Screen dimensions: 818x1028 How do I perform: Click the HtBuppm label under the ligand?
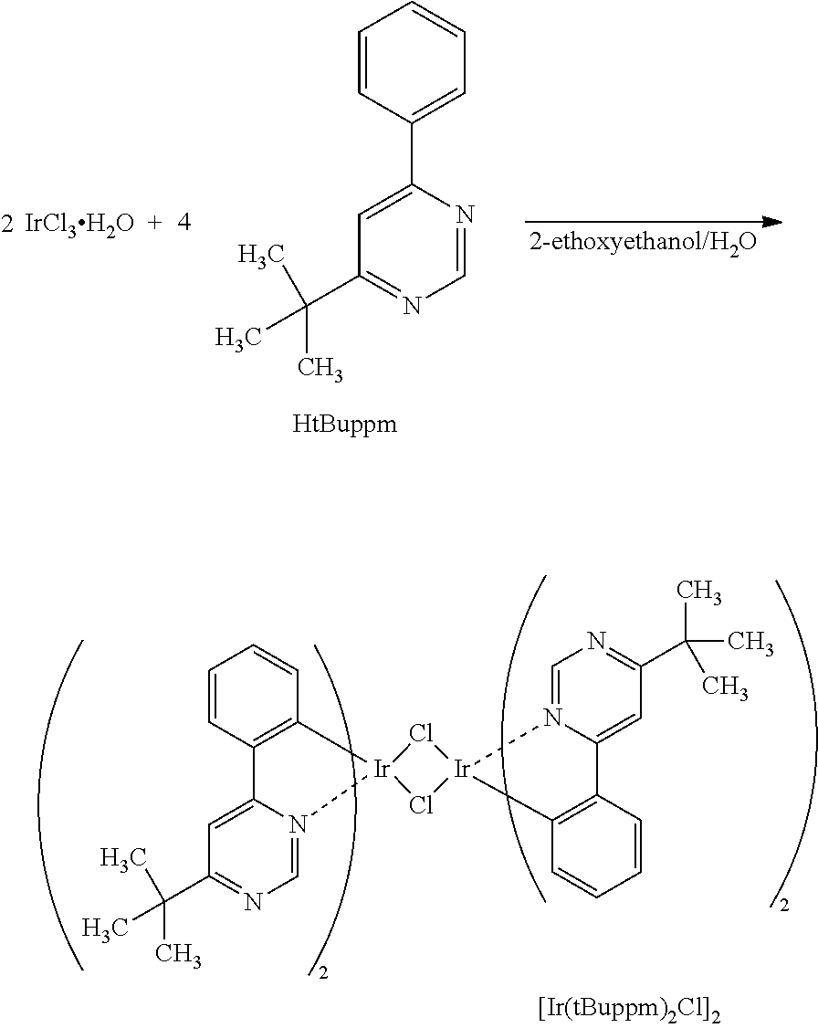pyautogui.click(x=345, y=425)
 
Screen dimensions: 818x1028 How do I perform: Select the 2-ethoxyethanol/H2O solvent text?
pyautogui.click(x=643, y=243)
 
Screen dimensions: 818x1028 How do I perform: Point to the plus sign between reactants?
pyautogui.click(x=155, y=224)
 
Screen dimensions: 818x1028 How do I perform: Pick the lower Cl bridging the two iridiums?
pyautogui.click(x=421, y=805)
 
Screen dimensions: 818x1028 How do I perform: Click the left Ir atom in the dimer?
pyautogui.click(x=381, y=769)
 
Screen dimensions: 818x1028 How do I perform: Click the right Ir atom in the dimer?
pyautogui.click(x=461, y=769)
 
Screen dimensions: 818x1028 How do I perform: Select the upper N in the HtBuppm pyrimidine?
pyautogui.click(x=464, y=215)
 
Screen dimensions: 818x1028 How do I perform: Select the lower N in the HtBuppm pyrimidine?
pyautogui.click(x=412, y=306)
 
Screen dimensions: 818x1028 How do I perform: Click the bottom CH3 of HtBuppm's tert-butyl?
pyautogui.click(x=320, y=369)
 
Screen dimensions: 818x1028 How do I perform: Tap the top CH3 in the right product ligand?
pyautogui.click(x=698, y=592)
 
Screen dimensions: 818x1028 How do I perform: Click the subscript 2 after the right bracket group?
pyautogui.click(x=784, y=906)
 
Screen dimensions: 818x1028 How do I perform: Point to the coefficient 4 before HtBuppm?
pyautogui.click(x=184, y=223)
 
